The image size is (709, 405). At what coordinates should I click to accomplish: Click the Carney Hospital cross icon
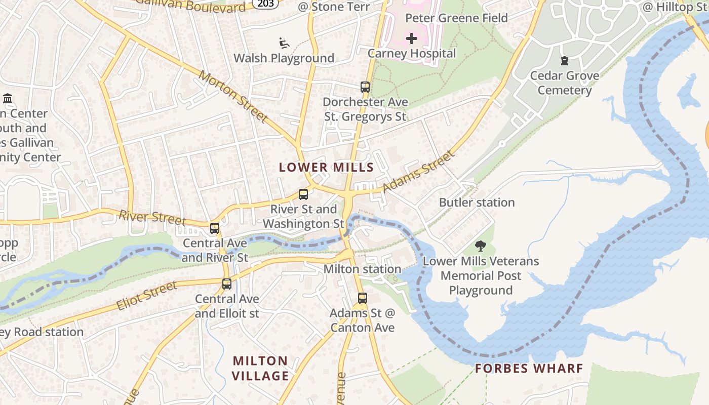pyautogui.click(x=412, y=38)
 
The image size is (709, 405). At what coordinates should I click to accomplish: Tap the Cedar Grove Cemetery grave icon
pyautogui.click(x=565, y=61)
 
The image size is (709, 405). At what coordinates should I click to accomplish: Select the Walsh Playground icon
pyautogui.click(x=284, y=43)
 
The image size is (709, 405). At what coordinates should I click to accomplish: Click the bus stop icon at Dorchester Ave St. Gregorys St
pyautogui.click(x=365, y=87)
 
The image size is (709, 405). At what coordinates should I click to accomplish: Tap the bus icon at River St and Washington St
pyautogui.click(x=303, y=194)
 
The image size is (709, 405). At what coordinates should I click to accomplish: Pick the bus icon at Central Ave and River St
pyautogui.click(x=215, y=228)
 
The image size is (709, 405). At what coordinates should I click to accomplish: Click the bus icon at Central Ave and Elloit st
pyautogui.click(x=227, y=283)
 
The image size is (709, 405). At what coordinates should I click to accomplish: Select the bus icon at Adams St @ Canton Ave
pyautogui.click(x=362, y=298)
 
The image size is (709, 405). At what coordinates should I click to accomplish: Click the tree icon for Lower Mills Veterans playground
pyautogui.click(x=480, y=247)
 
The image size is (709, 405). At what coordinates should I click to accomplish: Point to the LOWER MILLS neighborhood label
pyautogui.click(x=326, y=168)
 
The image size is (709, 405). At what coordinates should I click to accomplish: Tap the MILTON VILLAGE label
pyautogui.click(x=260, y=368)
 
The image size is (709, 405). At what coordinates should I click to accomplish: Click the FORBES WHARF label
pyautogui.click(x=529, y=368)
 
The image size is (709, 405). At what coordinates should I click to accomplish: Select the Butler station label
pyautogui.click(x=477, y=202)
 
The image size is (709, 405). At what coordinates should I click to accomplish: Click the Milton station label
pyautogui.click(x=362, y=269)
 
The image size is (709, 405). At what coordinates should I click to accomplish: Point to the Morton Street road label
pyautogui.click(x=233, y=96)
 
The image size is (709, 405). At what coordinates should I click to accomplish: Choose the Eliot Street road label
pyautogui.click(x=147, y=296)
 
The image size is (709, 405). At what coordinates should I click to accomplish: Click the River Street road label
pyautogui.click(x=152, y=218)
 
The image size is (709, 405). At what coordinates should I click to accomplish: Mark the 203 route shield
pyautogui.click(x=265, y=4)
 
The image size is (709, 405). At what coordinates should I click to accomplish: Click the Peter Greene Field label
pyautogui.click(x=456, y=18)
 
